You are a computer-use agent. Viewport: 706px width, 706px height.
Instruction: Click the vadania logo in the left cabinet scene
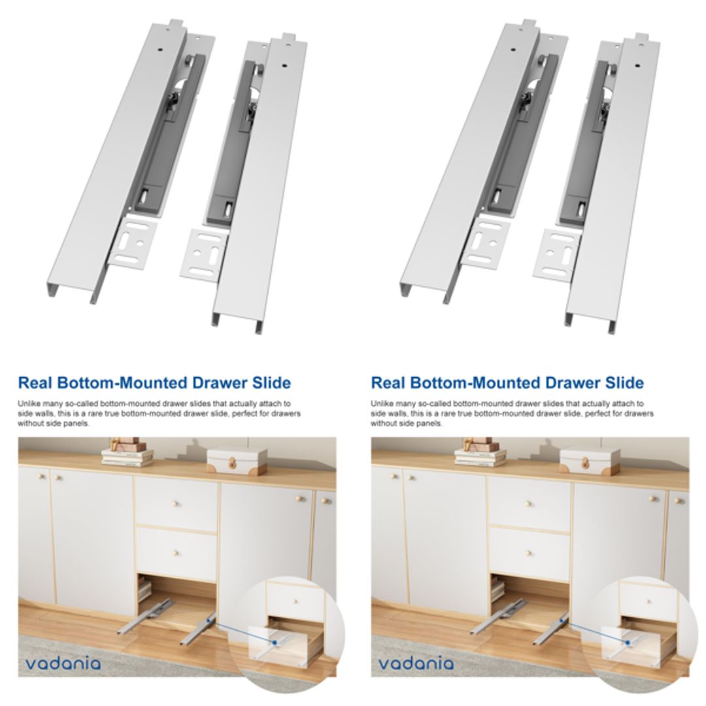(x=63, y=664)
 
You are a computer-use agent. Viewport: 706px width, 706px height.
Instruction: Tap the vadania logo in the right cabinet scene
(x=416, y=664)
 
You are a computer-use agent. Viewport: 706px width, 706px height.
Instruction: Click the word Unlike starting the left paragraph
(x=27, y=404)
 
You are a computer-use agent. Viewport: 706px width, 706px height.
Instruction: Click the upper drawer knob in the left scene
(x=176, y=503)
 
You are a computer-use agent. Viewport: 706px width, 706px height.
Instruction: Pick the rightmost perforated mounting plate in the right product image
(x=556, y=253)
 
